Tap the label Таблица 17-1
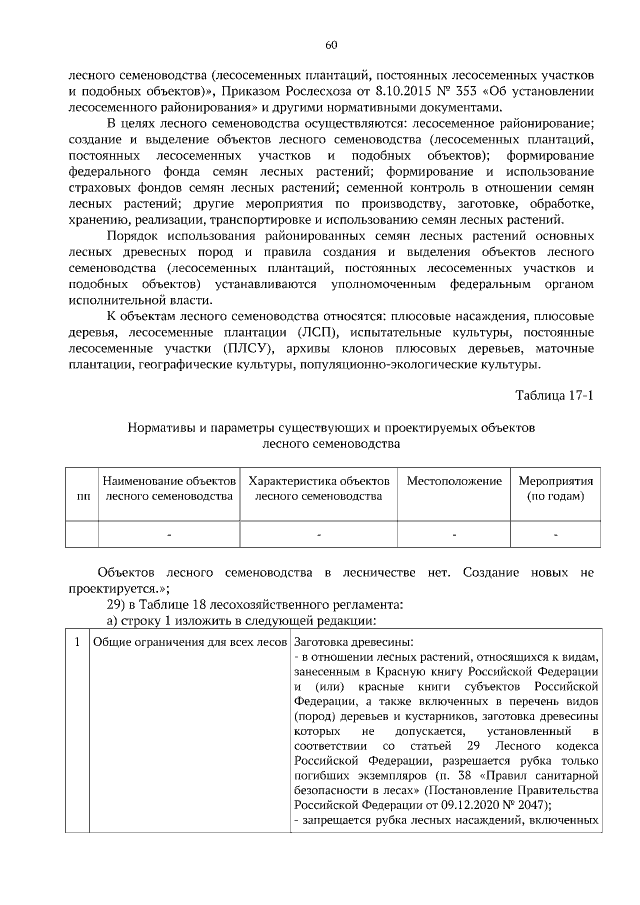coord(555,395)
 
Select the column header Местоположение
coord(454,481)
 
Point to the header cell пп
coord(81,496)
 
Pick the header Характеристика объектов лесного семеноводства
coord(318,488)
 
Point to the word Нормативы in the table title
coord(161,427)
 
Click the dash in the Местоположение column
coord(454,535)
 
